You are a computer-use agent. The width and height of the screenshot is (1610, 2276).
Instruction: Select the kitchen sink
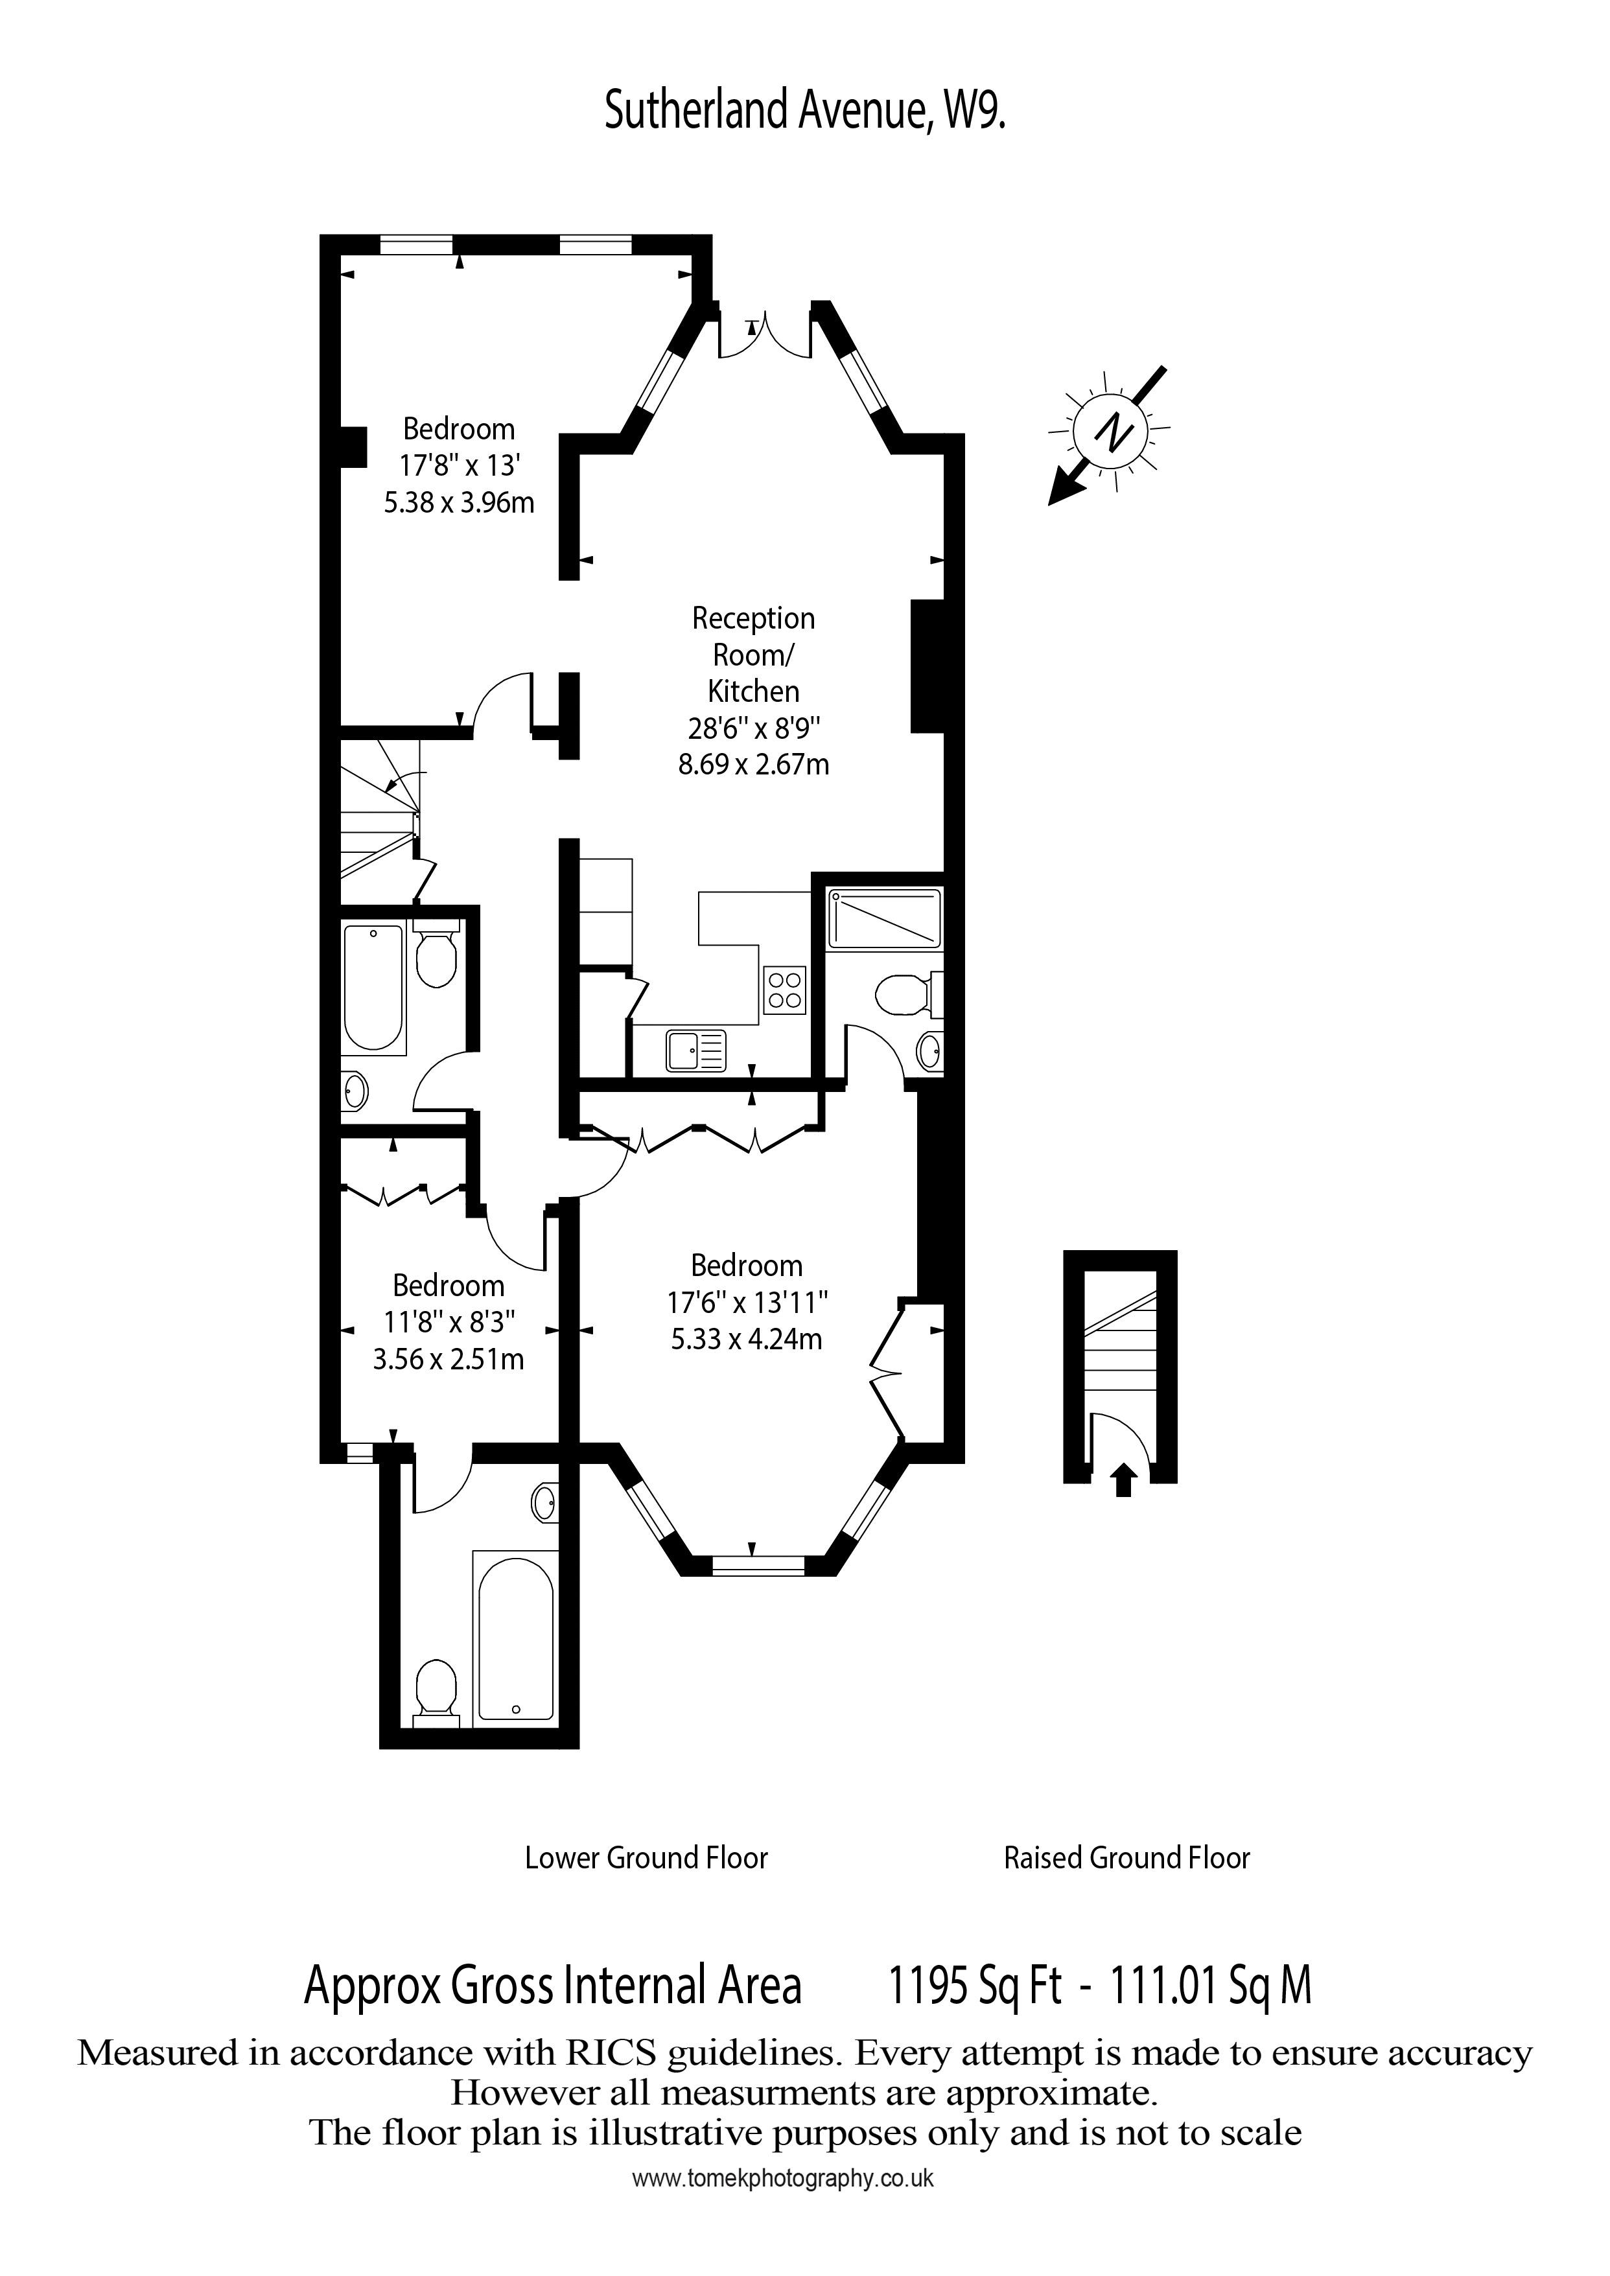pos(696,1051)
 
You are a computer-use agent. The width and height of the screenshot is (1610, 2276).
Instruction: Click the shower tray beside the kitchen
pos(884,918)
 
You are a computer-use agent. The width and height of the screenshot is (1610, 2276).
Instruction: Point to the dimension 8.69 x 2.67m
pos(753,764)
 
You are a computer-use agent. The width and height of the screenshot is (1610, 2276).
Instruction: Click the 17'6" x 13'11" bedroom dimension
pos(747,1301)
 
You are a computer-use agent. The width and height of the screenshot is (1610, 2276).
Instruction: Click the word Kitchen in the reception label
pos(753,691)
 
